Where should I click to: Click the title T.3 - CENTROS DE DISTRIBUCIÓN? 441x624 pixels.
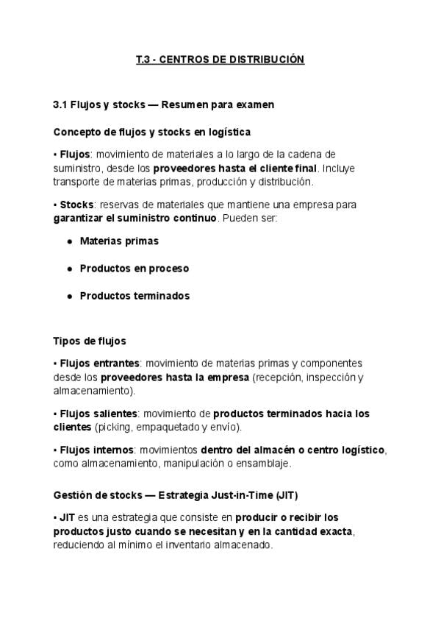[x=220, y=59]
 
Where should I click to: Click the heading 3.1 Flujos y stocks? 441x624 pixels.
[x=163, y=104]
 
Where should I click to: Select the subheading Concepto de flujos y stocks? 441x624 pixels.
[x=152, y=132]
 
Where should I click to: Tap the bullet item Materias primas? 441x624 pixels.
[x=119, y=241]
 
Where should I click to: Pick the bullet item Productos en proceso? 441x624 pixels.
[x=134, y=268]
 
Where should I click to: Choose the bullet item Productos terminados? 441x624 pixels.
[x=135, y=296]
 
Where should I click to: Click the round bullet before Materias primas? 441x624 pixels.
[x=69, y=241]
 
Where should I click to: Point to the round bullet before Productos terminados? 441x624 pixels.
[x=69, y=296]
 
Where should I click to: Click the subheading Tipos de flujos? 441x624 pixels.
[x=90, y=341]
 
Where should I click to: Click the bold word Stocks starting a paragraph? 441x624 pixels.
[x=76, y=205]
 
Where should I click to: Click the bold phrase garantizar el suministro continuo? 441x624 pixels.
[x=135, y=219]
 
